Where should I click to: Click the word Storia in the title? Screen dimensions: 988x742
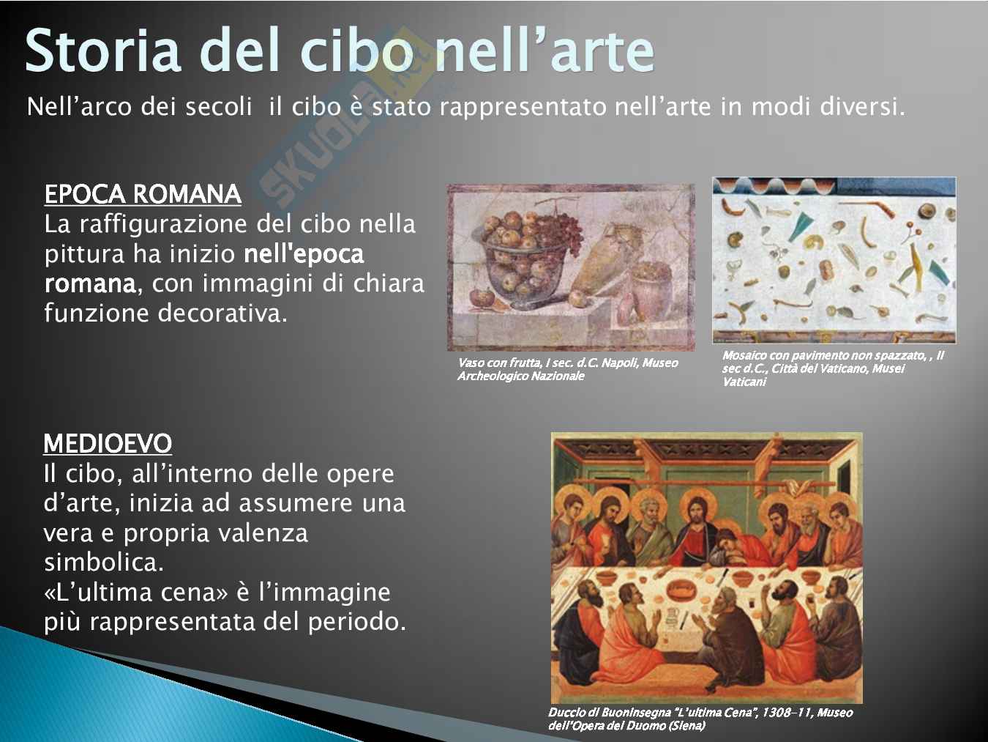click(103, 51)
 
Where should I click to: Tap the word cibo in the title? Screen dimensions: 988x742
click(358, 51)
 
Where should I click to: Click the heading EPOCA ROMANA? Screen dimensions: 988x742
click(143, 194)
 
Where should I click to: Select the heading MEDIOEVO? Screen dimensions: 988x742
click(108, 443)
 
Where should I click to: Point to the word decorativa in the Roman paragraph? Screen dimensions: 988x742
click(222, 313)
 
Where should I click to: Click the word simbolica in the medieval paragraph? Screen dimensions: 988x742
click(103, 562)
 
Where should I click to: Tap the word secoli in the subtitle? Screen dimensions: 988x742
click(218, 107)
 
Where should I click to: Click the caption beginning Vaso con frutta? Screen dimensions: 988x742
click(568, 369)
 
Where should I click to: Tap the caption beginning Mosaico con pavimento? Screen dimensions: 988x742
click(833, 368)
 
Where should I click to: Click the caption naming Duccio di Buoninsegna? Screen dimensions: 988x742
click(700, 719)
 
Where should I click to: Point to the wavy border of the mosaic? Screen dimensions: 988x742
click(775, 185)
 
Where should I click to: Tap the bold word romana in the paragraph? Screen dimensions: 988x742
click(90, 283)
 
